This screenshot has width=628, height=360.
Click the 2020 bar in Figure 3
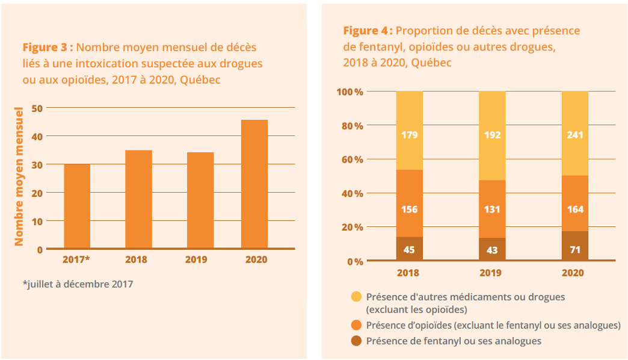pos(254,184)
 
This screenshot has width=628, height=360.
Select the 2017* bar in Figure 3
pos(77,206)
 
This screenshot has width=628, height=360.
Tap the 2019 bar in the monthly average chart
pos(200,200)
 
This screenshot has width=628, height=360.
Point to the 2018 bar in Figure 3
pos(138,199)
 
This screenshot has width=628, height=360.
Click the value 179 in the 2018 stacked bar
pos(409,135)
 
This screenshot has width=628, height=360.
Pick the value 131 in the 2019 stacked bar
pos(492,209)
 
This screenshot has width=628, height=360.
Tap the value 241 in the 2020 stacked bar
pos(574,135)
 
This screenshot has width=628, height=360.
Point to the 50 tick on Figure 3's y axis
pos(37,108)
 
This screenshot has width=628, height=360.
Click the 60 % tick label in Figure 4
pos(349,160)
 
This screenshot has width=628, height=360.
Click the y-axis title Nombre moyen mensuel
pos(19,176)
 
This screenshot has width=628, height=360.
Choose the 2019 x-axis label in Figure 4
pos(492,273)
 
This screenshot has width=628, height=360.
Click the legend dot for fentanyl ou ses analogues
pos(356,341)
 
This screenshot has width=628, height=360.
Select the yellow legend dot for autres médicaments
pos(356,297)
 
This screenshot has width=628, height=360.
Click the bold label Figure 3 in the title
pos(48,47)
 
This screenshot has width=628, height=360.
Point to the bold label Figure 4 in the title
pos(368,31)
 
